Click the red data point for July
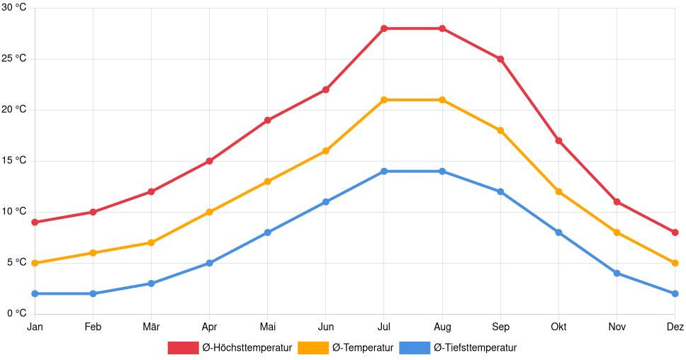[384, 28]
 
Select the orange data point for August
[442, 100]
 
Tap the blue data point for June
[326, 202]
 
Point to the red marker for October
[558, 141]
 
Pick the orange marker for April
[209, 212]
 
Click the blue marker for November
[617, 273]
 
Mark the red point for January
[35, 223]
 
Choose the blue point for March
[151, 283]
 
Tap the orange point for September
[500, 130]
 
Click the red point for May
[267, 120]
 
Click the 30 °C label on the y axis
[14, 7]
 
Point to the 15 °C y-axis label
[14, 160]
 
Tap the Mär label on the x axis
[151, 327]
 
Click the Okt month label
[558, 327]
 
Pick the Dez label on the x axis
[675, 327]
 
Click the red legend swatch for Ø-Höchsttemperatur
[183, 347]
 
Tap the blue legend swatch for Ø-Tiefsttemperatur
[415, 347]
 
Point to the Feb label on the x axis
[93, 327]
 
